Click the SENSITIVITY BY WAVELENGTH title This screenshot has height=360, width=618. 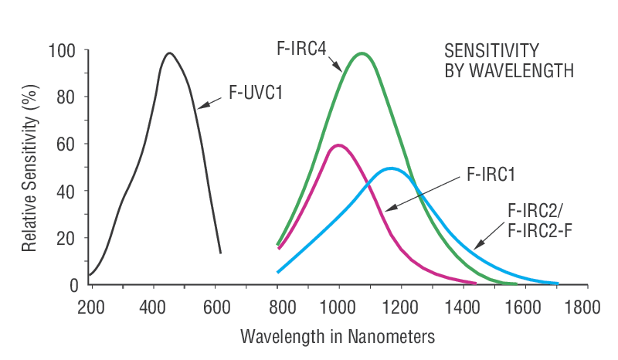click(508, 60)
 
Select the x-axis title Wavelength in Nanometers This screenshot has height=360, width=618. click(338, 337)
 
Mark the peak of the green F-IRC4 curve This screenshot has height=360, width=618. click(361, 53)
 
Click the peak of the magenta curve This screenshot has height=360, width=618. click(338, 144)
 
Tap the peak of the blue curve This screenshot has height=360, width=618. click(391, 168)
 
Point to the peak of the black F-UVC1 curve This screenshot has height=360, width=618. click(168, 53)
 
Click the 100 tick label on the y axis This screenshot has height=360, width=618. click(63, 51)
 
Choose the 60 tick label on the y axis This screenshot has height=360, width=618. click(67, 144)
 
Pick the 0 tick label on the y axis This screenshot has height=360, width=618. click(73, 285)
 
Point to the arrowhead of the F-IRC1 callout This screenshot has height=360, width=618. click(389, 208)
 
